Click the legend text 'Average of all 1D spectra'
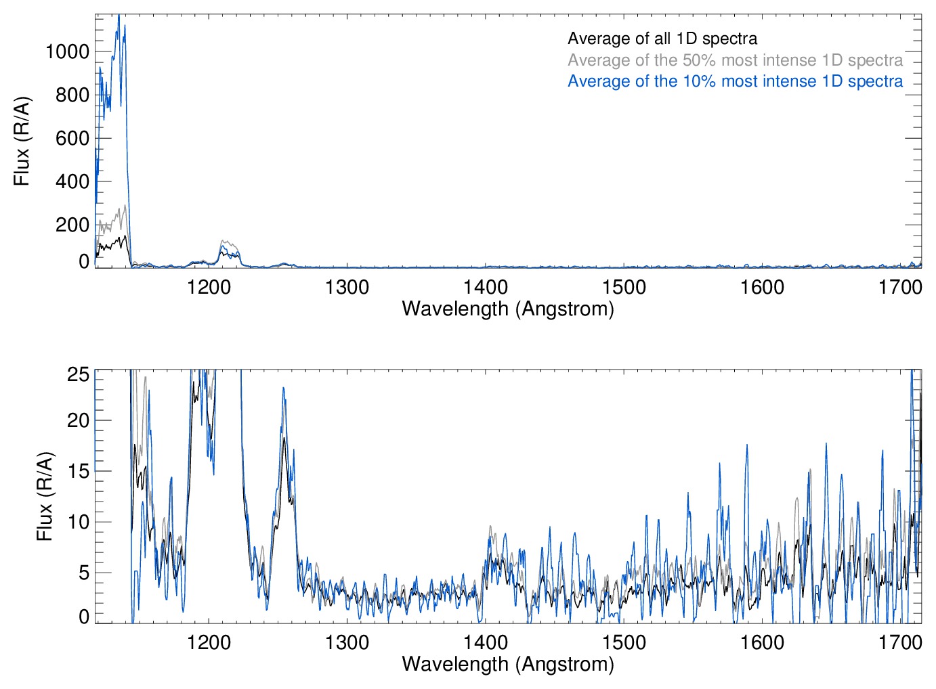662,39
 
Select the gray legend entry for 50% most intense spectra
735,60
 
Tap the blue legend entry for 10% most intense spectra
735,81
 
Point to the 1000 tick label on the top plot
67,51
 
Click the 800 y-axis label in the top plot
72,95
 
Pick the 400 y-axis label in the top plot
72,181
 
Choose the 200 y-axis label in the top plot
72,225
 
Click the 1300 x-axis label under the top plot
347,287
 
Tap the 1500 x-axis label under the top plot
624,287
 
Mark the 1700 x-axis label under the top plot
900,287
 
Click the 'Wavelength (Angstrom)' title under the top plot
508,309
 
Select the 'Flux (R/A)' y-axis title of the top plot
22,141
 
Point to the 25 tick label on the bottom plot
79,374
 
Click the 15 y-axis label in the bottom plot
79,471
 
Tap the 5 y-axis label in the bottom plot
84,573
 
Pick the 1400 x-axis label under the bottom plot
486,642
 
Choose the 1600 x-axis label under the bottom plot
762,642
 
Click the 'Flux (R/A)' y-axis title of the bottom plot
45,497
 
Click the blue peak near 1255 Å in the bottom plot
284,388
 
